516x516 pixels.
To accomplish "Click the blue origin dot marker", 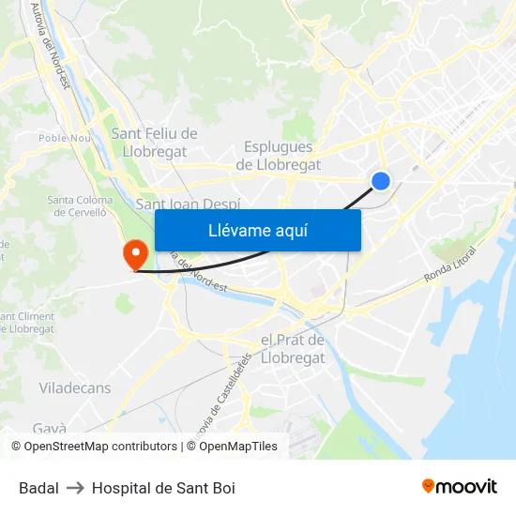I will tap(380, 181).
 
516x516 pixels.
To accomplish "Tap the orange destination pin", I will tap(134, 252).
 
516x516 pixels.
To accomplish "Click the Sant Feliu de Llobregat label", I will tap(155, 143).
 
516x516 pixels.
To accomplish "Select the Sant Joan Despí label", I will tap(188, 204).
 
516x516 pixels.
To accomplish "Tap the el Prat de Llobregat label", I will tap(292, 348).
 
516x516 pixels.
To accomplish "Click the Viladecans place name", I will tap(75, 387).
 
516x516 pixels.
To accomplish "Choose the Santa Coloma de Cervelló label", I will tap(80, 205).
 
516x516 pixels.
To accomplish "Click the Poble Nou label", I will tap(63, 138).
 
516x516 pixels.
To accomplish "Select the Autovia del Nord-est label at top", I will tap(51, 44).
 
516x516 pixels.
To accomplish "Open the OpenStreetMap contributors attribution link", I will tap(94, 447).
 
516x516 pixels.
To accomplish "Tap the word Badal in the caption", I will tap(38, 488).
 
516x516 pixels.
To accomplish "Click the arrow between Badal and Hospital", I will tap(75, 488).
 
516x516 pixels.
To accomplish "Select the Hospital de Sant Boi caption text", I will tap(163, 488).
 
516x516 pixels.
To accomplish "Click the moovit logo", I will tap(460, 487).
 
